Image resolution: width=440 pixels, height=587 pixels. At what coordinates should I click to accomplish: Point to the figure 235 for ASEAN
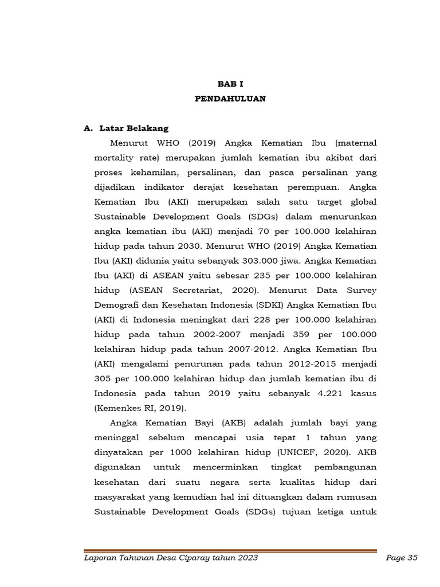pyautogui.click(x=262, y=276)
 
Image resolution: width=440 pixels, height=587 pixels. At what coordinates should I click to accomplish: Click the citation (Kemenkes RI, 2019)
pyautogui.click(x=140, y=408)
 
